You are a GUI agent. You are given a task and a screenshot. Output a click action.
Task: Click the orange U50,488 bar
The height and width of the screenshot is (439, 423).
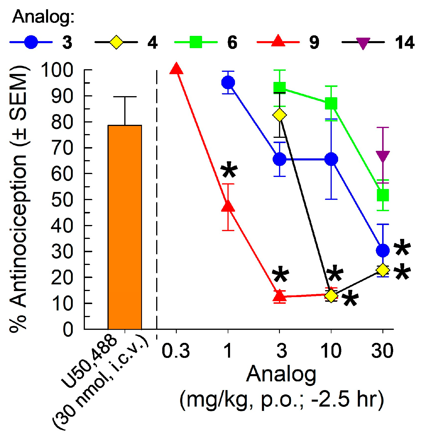(125, 227)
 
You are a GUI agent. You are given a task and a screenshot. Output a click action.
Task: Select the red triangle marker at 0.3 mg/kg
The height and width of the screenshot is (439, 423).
(176, 69)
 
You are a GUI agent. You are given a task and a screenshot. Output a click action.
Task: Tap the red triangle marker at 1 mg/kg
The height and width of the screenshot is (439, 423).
(228, 206)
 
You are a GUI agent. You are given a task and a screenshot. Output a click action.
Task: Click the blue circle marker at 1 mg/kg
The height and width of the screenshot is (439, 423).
(228, 83)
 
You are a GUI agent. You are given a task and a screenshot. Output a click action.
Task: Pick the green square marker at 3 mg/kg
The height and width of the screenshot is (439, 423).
(280, 87)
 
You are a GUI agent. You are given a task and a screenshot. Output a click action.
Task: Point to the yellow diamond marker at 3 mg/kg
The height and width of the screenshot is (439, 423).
(280, 115)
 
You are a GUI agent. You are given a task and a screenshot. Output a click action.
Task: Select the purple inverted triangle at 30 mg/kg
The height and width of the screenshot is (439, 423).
(383, 156)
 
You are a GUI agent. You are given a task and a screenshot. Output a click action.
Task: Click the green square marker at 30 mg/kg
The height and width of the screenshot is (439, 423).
(383, 195)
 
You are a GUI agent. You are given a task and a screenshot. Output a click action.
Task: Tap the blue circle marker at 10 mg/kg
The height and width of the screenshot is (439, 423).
(331, 159)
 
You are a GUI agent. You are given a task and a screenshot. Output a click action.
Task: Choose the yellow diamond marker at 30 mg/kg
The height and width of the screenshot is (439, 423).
(383, 270)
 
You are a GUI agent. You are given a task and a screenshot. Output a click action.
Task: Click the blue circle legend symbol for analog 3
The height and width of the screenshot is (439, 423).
(31, 42)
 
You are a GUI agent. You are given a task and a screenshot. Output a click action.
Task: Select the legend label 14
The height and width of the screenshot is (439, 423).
(404, 43)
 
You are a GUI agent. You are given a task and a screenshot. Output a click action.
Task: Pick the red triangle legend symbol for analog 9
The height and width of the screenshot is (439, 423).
(278, 41)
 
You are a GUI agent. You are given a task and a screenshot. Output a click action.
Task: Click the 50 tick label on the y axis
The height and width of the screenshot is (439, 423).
(62, 200)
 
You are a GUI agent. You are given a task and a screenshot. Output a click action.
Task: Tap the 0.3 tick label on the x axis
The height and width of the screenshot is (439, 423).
(176, 351)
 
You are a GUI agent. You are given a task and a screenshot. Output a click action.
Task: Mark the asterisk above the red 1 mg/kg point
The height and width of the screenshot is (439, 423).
(229, 170)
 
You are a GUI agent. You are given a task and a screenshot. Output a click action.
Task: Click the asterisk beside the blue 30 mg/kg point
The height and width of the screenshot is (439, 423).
(402, 248)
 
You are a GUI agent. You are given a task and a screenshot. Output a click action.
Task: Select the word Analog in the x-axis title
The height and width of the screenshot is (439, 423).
(281, 375)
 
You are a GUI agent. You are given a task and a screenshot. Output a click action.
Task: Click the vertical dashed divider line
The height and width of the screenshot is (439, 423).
(157, 203)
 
